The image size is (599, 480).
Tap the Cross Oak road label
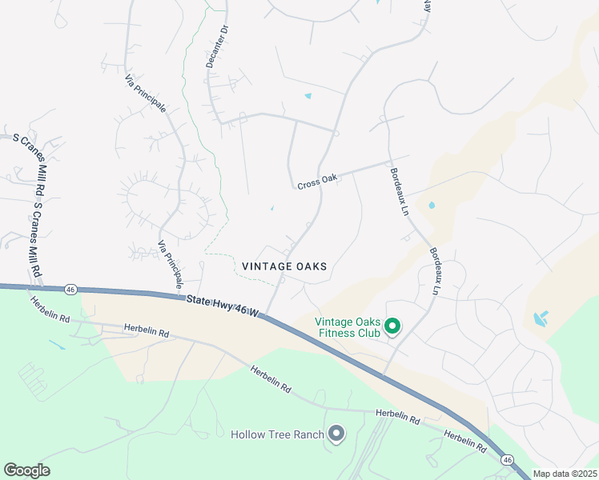(317, 182)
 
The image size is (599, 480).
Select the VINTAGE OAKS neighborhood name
(284, 266)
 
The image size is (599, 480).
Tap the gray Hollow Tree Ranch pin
(336, 434)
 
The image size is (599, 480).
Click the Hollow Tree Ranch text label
(277, 434)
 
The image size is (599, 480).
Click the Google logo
(26, 470)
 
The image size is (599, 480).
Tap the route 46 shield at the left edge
(71, 289)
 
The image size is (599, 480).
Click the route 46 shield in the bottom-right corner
(507, 459)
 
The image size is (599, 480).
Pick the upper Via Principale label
(145, 94)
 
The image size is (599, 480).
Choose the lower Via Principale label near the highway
(171, 265)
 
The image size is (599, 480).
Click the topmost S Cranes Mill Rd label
(30, 159)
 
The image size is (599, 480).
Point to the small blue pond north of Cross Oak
(308, 97)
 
